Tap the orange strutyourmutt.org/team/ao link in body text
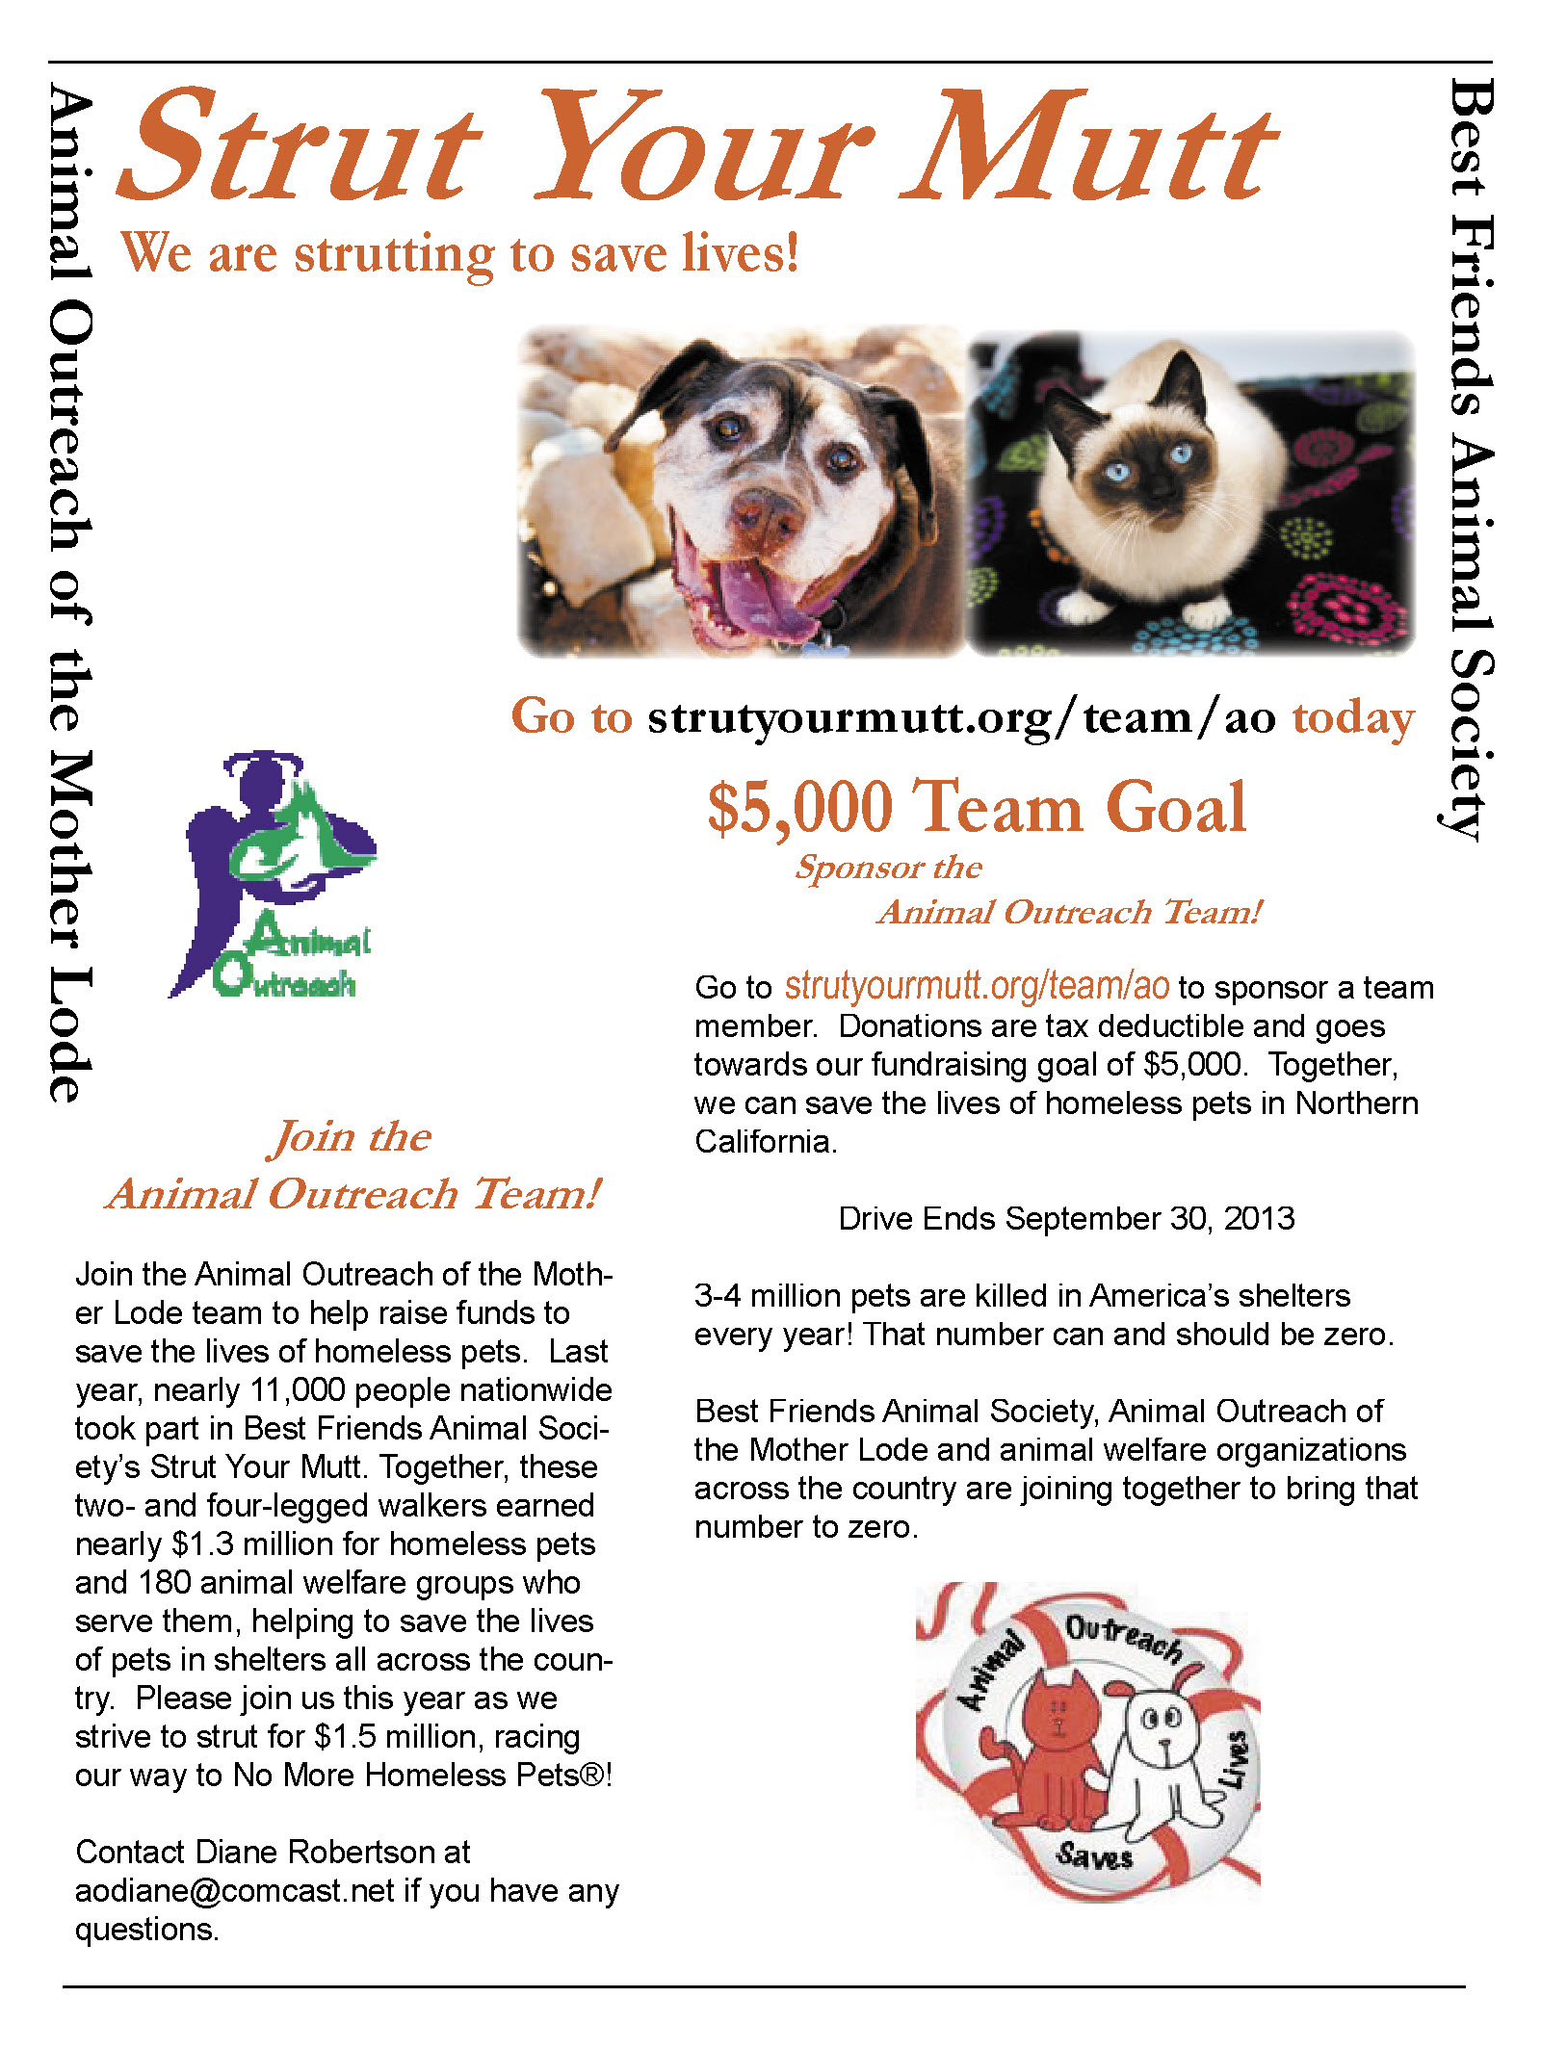(977, 987)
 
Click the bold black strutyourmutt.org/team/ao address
(961, 717)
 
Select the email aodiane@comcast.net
(235, 1890)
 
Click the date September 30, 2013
(1150, 1218)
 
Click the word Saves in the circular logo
(1093, 1854)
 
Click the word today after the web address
(1353, 717)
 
